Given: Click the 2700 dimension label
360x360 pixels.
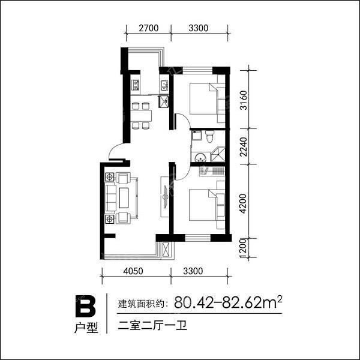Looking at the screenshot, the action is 149,28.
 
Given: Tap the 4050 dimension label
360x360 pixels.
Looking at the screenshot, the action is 133,271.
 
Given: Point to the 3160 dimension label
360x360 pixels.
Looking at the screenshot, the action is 244,100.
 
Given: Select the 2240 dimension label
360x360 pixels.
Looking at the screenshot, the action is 244,147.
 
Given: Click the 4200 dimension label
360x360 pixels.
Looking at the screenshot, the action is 242,203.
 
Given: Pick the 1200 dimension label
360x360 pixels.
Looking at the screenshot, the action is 242,248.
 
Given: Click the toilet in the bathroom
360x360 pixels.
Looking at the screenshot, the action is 209,136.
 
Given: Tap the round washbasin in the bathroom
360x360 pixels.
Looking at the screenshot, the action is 200,157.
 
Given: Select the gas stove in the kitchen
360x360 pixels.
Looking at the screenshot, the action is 136,84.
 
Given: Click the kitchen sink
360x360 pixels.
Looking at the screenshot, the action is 164,85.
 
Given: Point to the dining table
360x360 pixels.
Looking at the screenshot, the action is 141,116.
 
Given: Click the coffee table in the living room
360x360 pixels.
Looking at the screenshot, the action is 124,198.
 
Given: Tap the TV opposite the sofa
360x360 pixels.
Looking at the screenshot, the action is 166,197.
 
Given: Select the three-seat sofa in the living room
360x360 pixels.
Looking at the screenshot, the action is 111,198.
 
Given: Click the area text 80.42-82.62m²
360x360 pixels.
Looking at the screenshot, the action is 228,302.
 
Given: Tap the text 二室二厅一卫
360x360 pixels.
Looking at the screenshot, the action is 152,326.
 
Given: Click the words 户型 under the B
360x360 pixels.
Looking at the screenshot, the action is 86,328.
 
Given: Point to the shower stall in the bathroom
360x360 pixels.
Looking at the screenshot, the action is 218,154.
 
